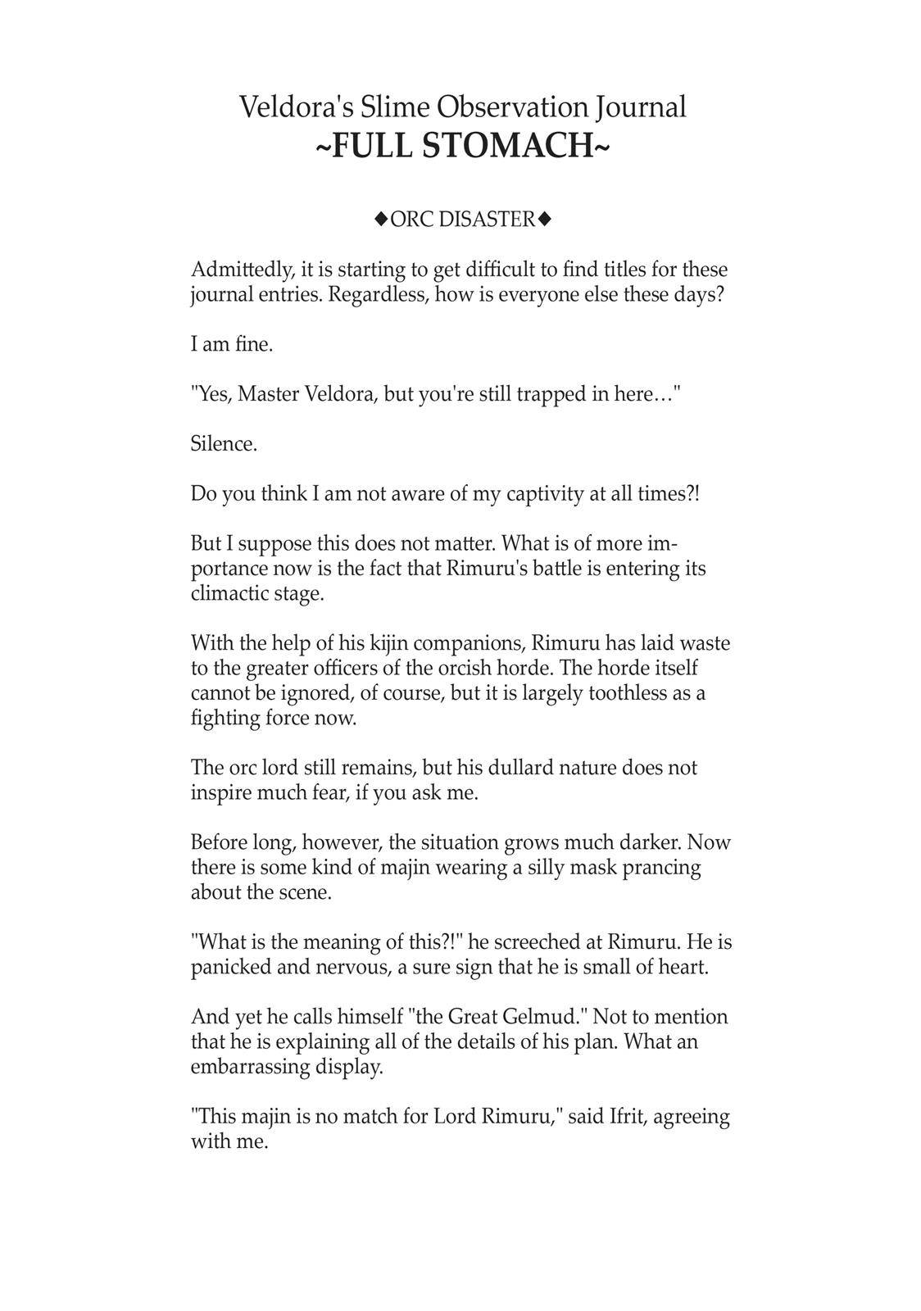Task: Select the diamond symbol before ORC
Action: coord(380,219)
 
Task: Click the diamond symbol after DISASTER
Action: coord(545,219)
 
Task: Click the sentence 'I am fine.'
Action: coord(232,344)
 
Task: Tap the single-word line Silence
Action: coord(224,444)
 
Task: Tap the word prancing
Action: coord(662,868)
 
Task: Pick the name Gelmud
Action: coord(543,1017)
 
